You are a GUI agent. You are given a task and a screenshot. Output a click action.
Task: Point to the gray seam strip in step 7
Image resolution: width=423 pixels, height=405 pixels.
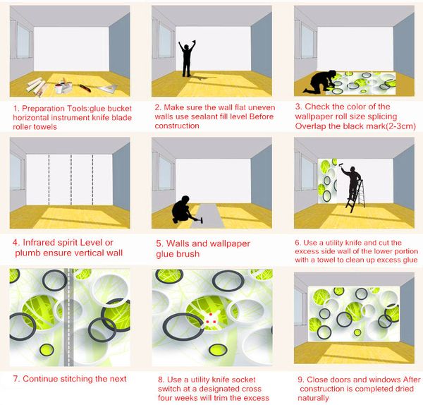click(x=68, y=318)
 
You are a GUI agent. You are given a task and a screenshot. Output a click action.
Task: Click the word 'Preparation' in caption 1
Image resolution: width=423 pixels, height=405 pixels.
click(x=42, y=109)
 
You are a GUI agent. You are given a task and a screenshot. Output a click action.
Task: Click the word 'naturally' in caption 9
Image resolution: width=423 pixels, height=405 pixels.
click(x=313, y=398)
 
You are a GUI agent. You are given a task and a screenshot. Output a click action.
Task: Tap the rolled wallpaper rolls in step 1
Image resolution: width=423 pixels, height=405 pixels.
click(x=37, y=86)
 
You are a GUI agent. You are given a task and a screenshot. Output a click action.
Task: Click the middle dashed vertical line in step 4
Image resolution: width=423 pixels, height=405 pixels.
click(x=71, y=179)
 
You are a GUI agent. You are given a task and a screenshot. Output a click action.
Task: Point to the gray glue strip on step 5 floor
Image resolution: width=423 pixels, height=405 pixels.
click(x=209, y=216)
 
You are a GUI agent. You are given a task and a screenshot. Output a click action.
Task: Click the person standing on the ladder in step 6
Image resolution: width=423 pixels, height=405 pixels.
click(x=352, y=183)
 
